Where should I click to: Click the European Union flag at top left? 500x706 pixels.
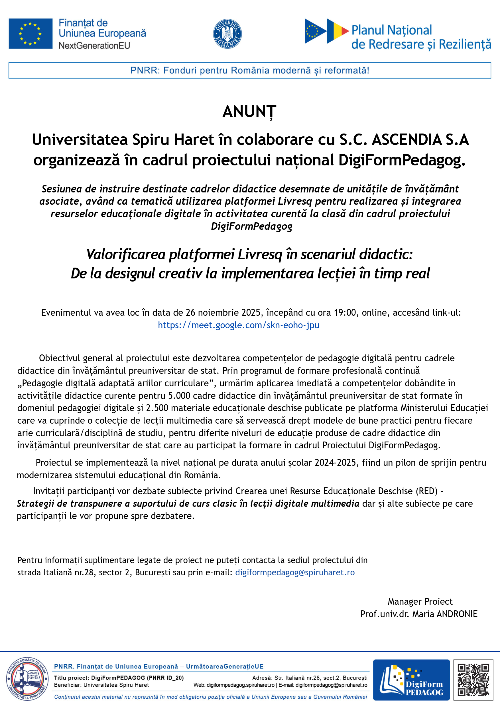(x=31, y=34)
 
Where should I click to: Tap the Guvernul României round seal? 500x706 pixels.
(x=227, y=34)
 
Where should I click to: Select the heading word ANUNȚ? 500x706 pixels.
(x=249, y=112)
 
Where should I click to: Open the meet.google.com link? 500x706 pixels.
(x=239, y=325)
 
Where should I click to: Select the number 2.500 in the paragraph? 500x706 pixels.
(x=157, y=408)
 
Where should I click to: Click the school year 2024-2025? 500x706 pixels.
(x=335, y=463)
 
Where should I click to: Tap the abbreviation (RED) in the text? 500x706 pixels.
(x=427, y=491)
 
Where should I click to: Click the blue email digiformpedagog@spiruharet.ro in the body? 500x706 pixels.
(x=295, y=572)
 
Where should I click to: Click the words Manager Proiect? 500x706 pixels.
(x=420, y=601)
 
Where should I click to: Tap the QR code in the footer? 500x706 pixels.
(x=473, y=680)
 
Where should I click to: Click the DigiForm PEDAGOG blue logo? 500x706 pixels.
(x=411, y=680)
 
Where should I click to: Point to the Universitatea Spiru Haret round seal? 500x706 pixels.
(x=27, y=679)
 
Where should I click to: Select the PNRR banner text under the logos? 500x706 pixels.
(x=250, y=70)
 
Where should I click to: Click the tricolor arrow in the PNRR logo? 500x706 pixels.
(x=338, y=31)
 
